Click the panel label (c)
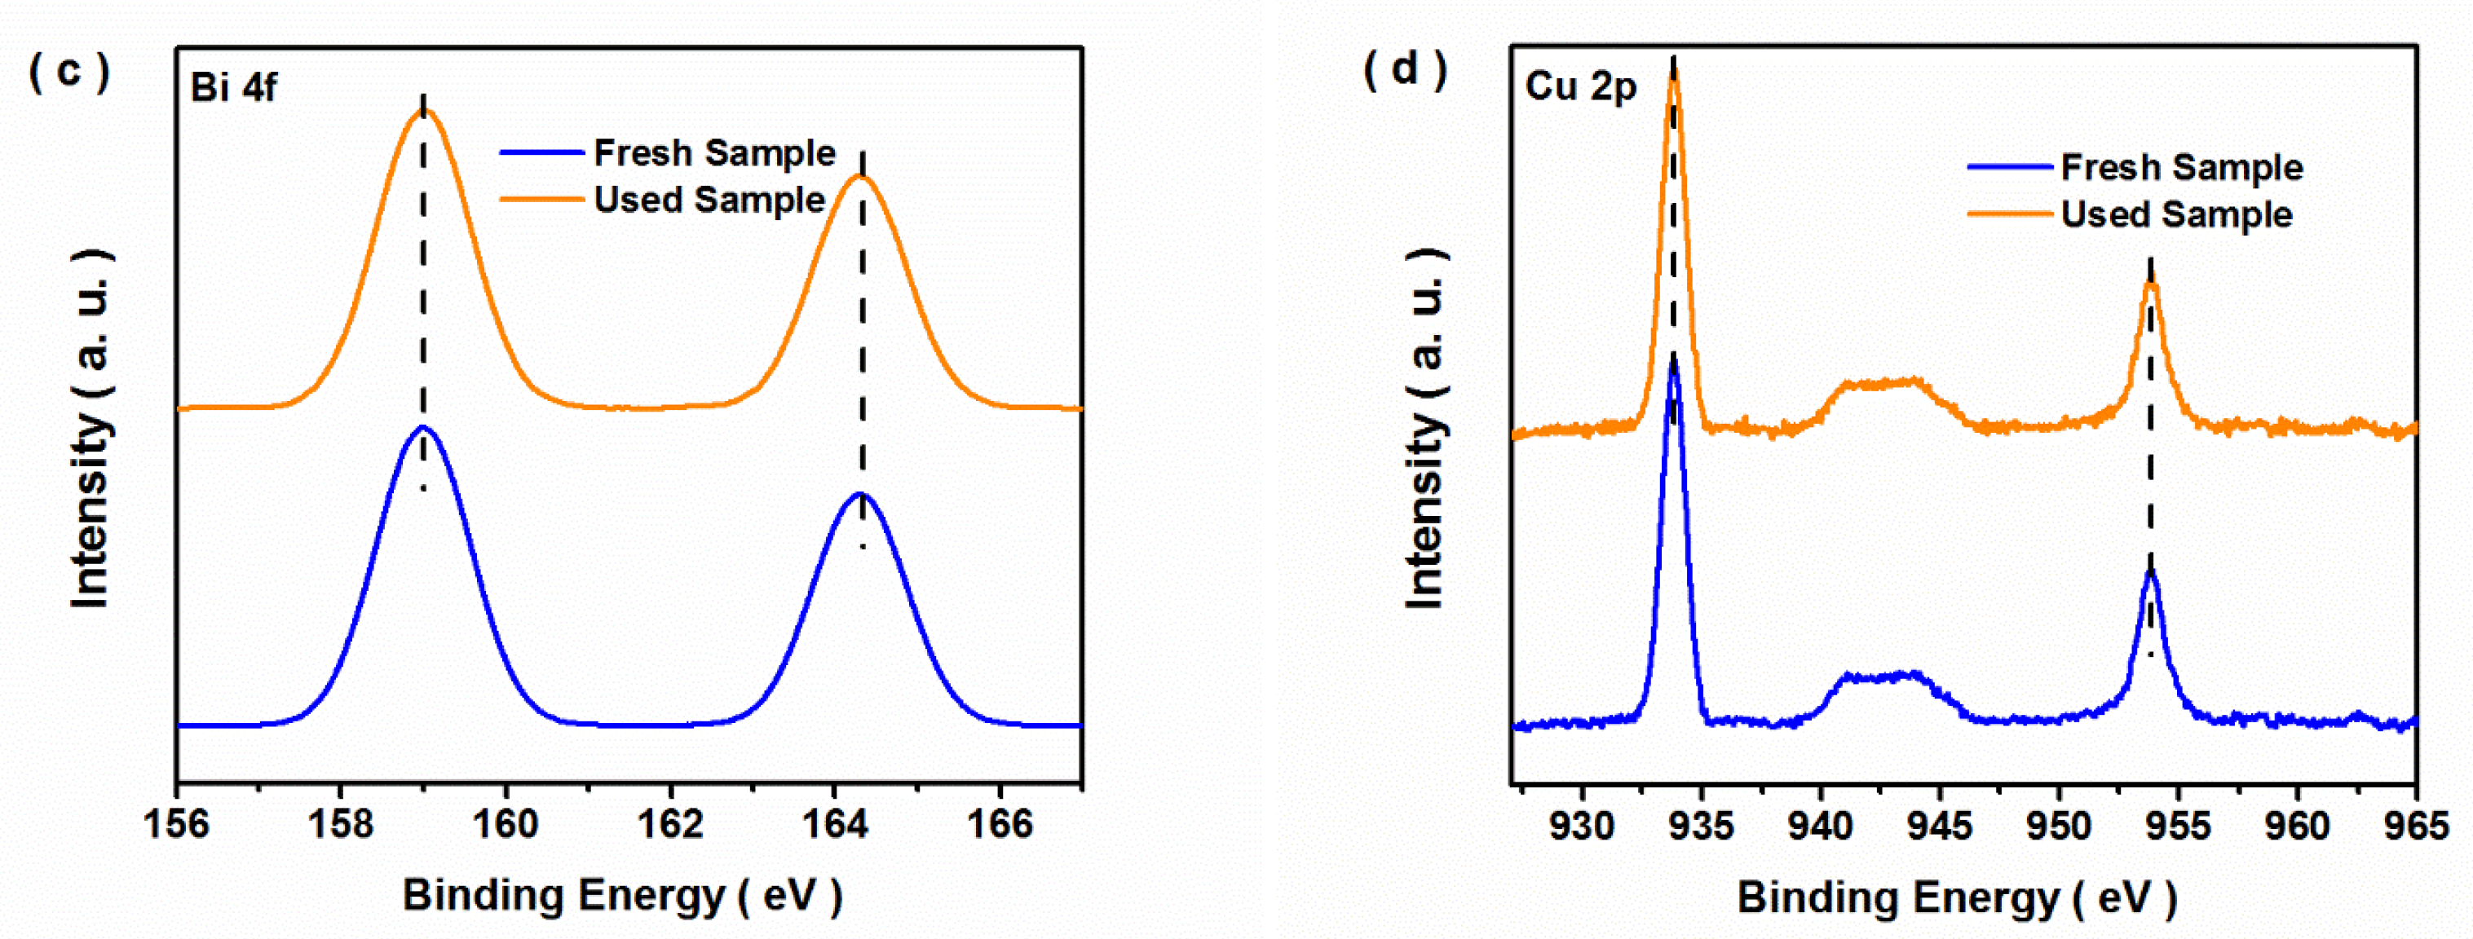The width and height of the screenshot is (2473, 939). click(69, 71)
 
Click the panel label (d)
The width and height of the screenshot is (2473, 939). click(1406, 69)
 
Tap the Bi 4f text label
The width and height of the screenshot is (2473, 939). click(233, 87)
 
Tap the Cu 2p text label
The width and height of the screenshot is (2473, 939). click(1580, 86)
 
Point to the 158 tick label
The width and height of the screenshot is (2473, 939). click(341, 824)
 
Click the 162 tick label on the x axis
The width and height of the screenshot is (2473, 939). click(670, 824)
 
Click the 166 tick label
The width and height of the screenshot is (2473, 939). click(1000, 824)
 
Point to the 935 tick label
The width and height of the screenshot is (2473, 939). click(1701, 826)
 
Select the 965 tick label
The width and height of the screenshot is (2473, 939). click(2415, 826)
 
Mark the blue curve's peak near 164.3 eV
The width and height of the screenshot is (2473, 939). click(861, 495)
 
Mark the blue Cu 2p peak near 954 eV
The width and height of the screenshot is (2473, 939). click(2150, 571)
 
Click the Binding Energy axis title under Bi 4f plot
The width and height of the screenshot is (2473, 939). click(622, 896)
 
